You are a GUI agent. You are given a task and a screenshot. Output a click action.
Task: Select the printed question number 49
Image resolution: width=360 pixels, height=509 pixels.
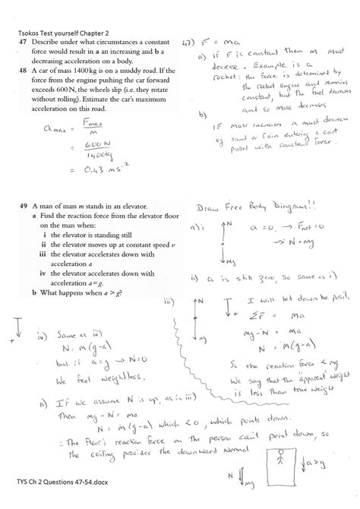(24, 207)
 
